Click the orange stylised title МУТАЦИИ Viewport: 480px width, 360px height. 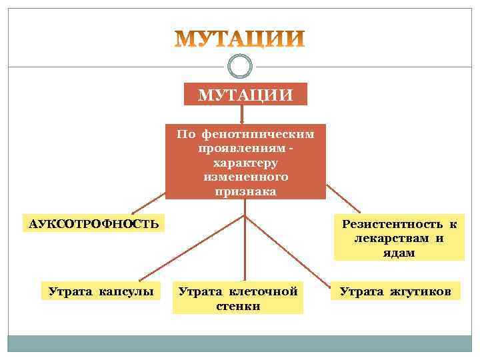pos(240,39)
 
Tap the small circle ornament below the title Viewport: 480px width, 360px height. pos(240,66)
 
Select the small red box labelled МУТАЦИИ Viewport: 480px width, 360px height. pos(245,94)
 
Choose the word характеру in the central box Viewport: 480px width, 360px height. pos(245,163)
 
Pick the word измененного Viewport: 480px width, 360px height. pos(245,177)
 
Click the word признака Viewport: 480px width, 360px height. pos(245,191)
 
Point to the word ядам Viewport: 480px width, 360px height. pos(399,253)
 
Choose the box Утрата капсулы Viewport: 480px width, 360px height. pos(100,291)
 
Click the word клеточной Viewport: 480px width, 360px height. pos(264,291)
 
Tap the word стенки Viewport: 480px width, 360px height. pos(238,306)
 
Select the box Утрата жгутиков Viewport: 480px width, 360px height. pos(395,291)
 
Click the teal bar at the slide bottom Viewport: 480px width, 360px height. pos(240,343)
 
